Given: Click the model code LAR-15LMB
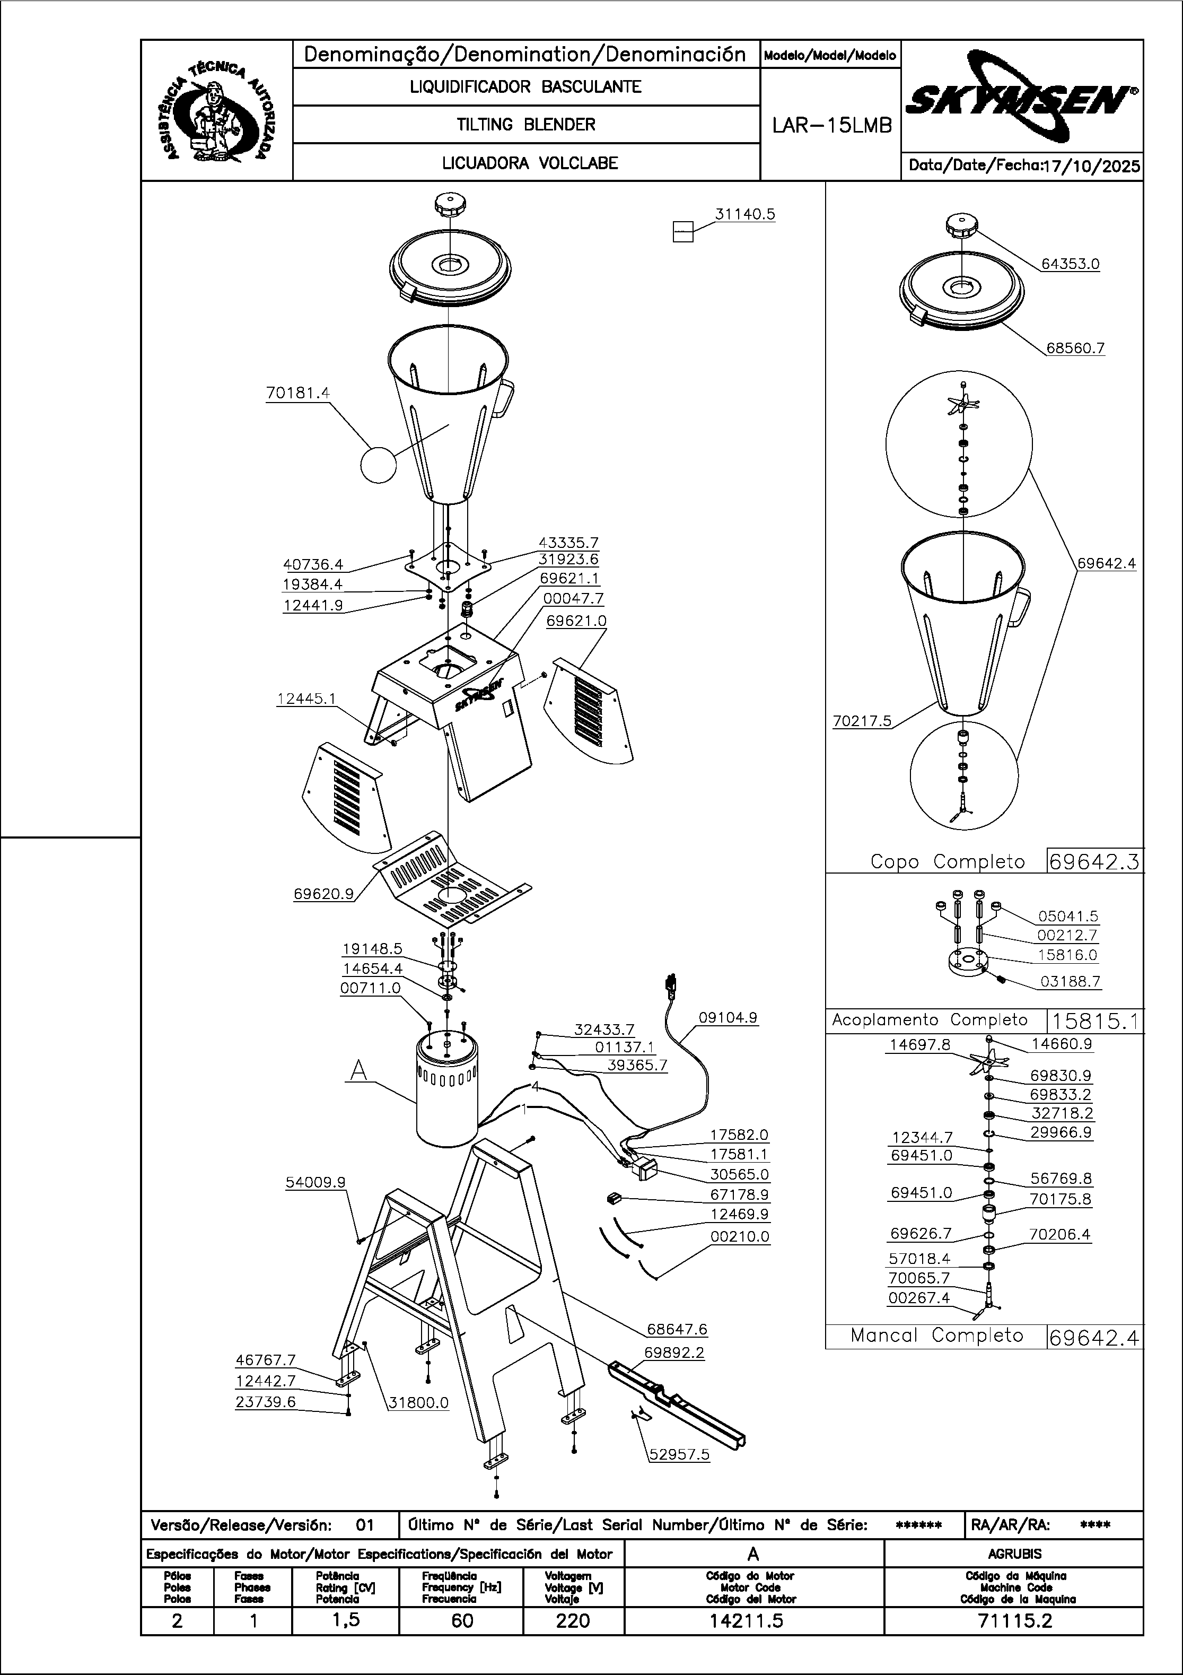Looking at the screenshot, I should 831,126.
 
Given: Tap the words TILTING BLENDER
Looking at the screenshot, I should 526,125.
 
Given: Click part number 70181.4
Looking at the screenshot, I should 297,392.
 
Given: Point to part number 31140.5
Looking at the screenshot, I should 744,214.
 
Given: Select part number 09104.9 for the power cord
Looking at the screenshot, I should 728,1017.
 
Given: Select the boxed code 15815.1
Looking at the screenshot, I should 1095,1020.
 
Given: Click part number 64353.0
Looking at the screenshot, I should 1070,264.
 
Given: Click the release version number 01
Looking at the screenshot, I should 365,1525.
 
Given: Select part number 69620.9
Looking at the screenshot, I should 323,893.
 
